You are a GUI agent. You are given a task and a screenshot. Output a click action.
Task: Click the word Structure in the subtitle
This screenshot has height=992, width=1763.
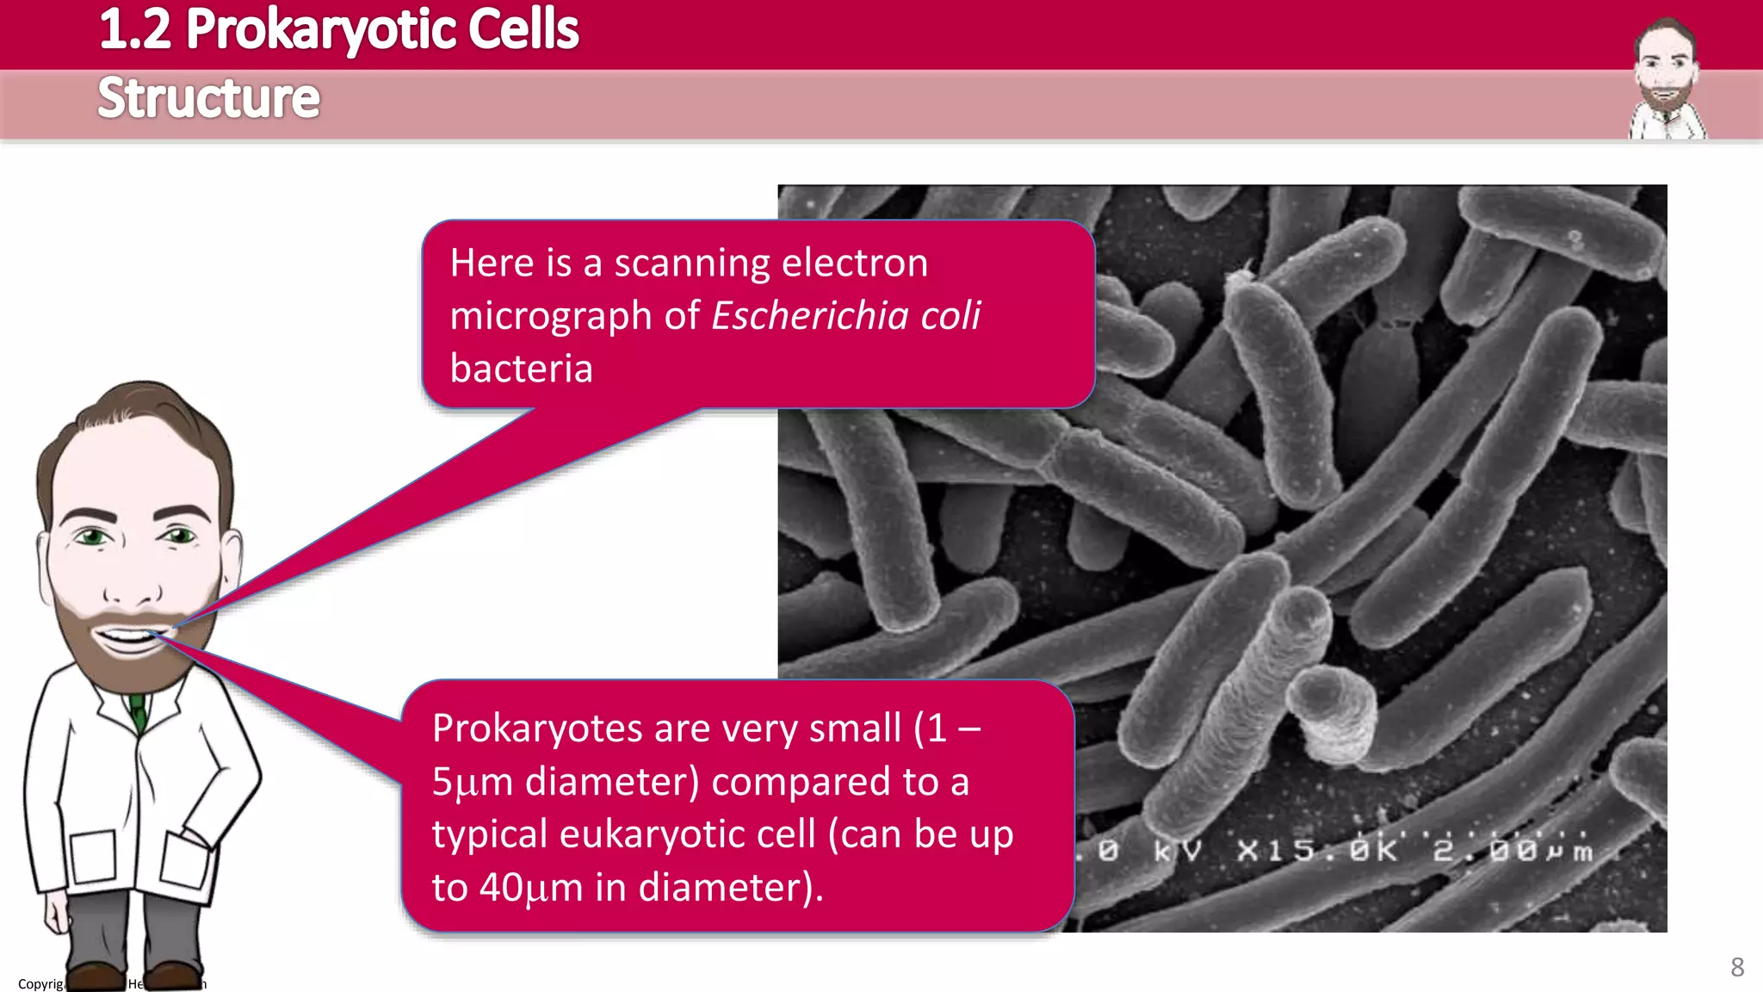(208, 98)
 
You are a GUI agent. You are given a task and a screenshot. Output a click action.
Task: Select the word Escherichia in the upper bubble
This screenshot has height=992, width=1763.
(809, 316)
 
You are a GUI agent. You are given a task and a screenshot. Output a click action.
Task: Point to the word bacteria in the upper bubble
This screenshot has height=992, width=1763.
(522, 369)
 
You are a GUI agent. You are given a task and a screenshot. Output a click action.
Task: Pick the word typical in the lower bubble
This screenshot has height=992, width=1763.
(490, 834)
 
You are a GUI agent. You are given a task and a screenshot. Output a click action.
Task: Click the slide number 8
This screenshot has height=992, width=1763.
(1737, 967)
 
